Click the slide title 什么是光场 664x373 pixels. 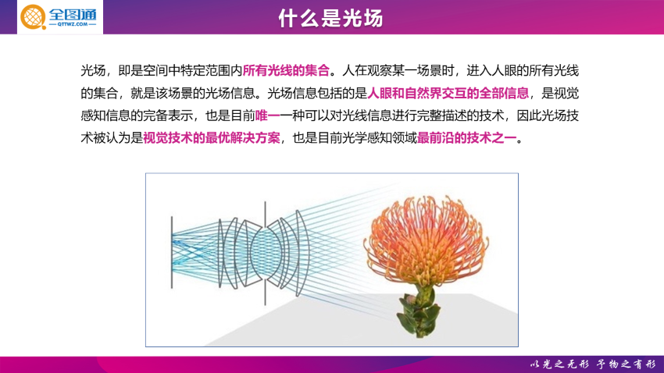(x=330, y=18)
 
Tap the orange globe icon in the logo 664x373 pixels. (x=33, y=17)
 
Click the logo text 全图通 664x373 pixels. (x=73, y=15)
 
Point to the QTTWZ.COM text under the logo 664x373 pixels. (x=73, y=24)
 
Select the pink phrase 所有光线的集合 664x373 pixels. (x=286, y=71)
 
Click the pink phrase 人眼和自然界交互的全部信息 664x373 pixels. (x=448, y=93)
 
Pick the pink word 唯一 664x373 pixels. (x=268, y=115)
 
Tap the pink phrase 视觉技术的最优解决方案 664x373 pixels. (x=212, y=138)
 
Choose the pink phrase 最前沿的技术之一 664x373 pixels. (x=466, y=138)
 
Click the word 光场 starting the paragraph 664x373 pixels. (x=93, y=71)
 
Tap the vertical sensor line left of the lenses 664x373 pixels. (x=172, y=253)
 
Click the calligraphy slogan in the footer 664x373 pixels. (x=593, y=364)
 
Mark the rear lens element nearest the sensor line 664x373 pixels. (x=220, y=253)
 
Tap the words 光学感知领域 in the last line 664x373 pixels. (x=380, y=138)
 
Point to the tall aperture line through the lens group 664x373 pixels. (x=265, y=253)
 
